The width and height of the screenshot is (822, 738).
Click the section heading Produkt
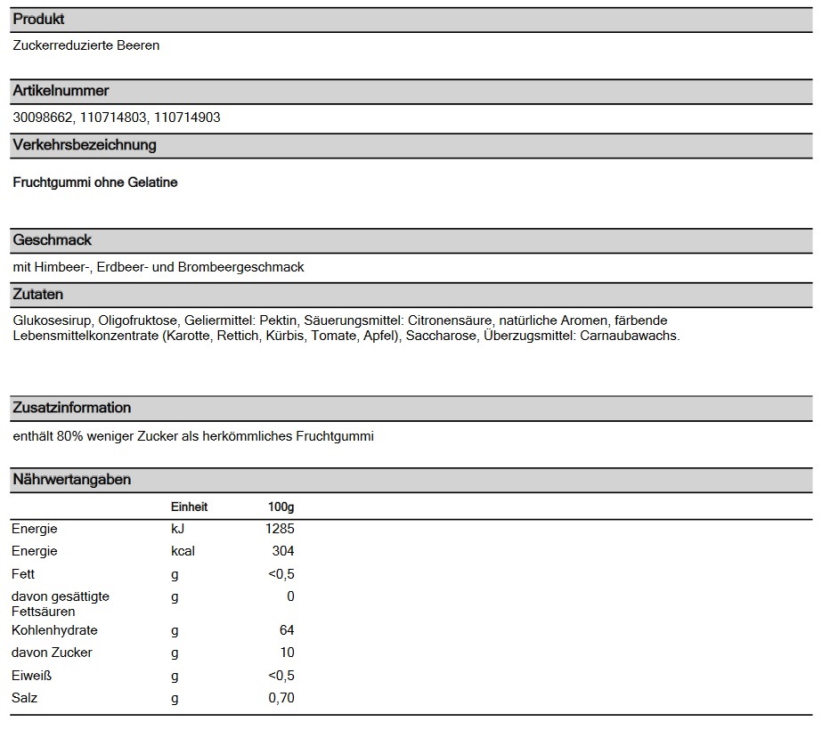[x=38, y=19]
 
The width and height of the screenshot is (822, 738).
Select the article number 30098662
[x=43, y=118]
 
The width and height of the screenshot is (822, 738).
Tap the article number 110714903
[x=187, y=118]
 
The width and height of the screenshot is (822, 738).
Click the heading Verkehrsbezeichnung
[x=85, y=144]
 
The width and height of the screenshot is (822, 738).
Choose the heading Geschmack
[x=53, y=239]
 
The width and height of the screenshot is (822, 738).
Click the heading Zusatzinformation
[x=72, y=407]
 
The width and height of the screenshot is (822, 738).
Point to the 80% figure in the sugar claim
[x=70, y=436]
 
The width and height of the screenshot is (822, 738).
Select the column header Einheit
[x=189, y=507]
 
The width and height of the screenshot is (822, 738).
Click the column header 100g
[x=281, y=507]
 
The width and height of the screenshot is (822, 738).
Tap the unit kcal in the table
[x=183, y=551]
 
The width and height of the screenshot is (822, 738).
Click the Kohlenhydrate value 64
[x=286, y=630]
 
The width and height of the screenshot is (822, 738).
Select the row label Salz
[x=25, y=698]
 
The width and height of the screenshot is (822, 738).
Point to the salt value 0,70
[x=281, y=698]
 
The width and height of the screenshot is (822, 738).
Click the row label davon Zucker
[x=52, y=653]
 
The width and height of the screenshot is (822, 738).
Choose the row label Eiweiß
[x=30, y=676]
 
